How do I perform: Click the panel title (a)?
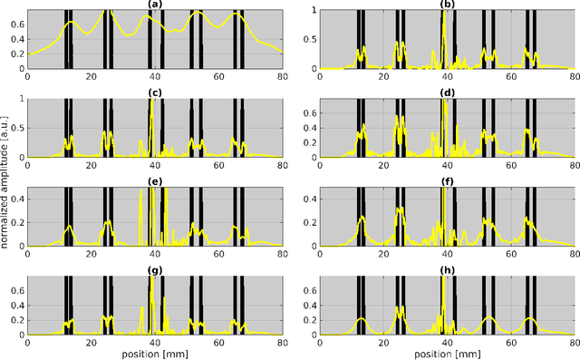pyautogui.click(x=155, y=5)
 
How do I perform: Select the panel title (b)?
pyautogui.click(x=447, y=5)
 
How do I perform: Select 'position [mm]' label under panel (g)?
pyautogui.click(x=155, y=354)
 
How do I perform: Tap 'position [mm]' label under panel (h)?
pyautogui.click(x=447, y=354)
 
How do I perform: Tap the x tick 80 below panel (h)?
pyautogui.click(x=574, y=343)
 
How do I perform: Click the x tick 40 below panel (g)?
pyautogui.click(x=155, y=343)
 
